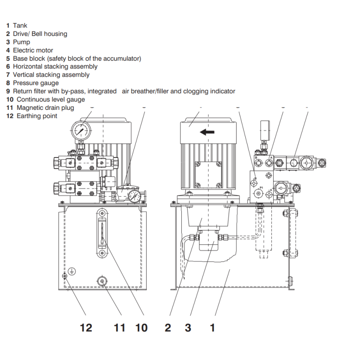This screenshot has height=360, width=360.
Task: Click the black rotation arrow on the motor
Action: click(x=207, y=132)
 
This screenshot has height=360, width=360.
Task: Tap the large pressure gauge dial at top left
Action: click(x=81, y=130)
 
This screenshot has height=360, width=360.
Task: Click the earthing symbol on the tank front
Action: click(x=72, y=271)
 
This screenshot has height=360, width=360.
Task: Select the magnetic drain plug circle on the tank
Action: click(x=102, y=281)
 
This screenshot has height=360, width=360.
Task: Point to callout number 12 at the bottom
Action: click(x=86, y=328)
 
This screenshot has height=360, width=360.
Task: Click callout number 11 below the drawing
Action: click(x=119, y=328)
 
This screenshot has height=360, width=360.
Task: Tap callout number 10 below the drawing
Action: click(x=141, y=328)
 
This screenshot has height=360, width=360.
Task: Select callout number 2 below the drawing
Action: click(x=168, y=328)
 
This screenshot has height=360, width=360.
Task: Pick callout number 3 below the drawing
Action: click(x=188, y=328)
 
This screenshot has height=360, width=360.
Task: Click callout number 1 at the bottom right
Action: click(x=212, y=328)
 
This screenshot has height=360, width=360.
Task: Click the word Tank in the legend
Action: click(x=20, y=26)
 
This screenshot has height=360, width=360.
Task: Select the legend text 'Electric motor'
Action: click(x=33, y=50)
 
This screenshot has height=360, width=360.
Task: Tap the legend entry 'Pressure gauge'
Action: click(x=36, y=83)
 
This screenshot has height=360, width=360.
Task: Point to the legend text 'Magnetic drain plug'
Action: click(x=45, y=108)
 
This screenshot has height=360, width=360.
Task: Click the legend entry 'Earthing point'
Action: click(x=37, y=116)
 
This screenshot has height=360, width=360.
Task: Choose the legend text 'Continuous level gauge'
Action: click(x=51, y=99)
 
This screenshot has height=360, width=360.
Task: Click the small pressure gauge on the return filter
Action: click(x=134, y=197)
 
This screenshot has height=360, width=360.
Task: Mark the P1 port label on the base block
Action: click(x=261, y=188)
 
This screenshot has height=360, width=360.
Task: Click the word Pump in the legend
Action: click(x=22, y=42)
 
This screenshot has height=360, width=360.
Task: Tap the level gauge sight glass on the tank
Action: click(x=102, y=234)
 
